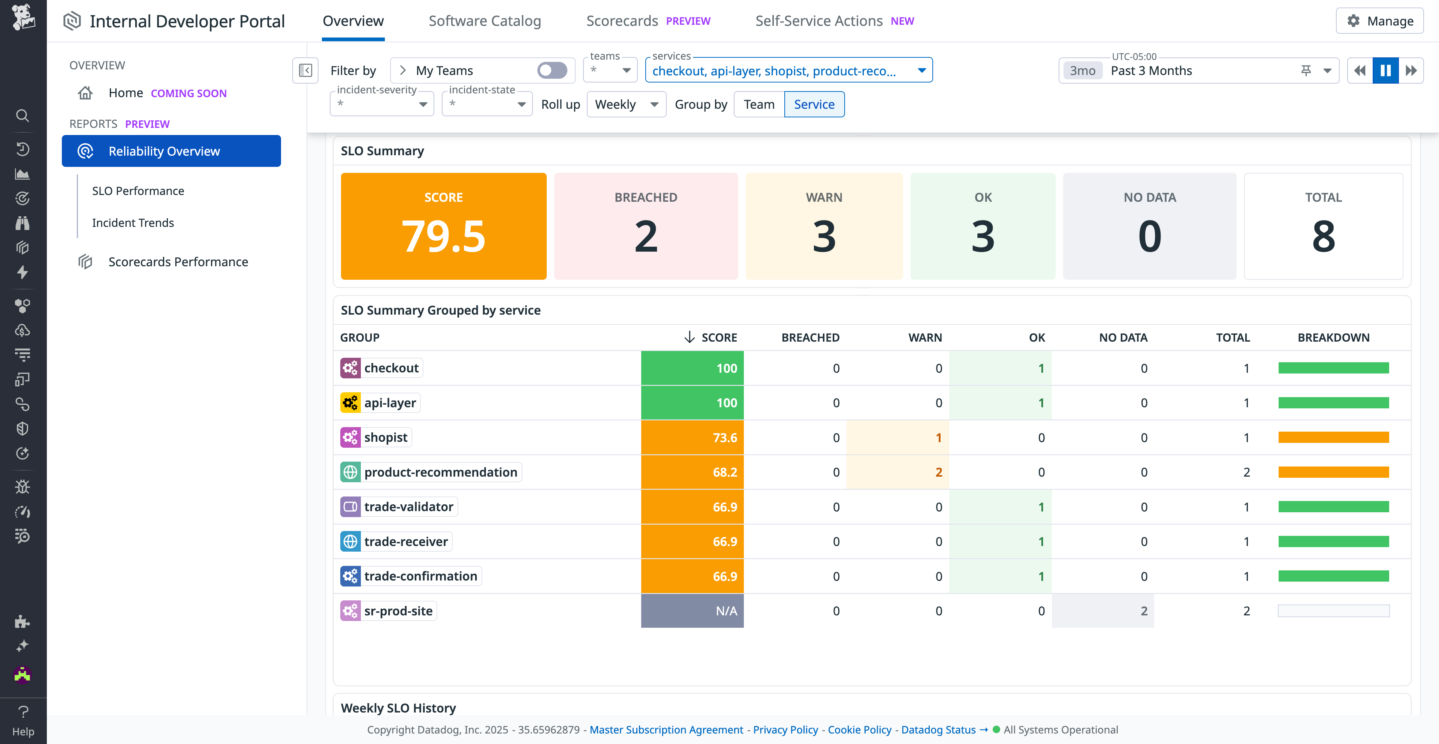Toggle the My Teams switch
pos(552,70)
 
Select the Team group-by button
pos(758,105)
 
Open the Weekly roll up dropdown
pos(626,105)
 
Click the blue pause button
pos(1385,70)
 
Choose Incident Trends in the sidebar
pos(133,222)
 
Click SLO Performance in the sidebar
pos(138,190)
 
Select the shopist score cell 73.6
pos(692,437)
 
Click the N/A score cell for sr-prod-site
pos(692,610)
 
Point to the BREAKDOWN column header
pos(1333,337)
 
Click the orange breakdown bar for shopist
pos(1333,437)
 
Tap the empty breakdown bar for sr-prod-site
pos(1333,610)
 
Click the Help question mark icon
pos(23,712)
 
